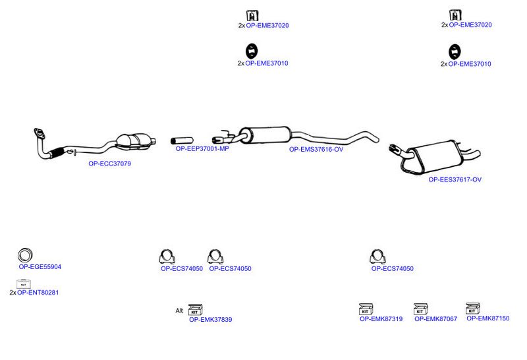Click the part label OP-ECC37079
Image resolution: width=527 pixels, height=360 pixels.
pyautogui.click(x=109, y=164)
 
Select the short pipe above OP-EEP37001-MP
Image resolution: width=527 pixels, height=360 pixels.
pyautogui.click(x=182, y=140)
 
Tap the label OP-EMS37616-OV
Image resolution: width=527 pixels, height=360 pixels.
pyautogui.click(x=316, y=150)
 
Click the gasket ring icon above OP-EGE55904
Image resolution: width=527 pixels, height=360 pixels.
pyautogui.click(x=25, y=255)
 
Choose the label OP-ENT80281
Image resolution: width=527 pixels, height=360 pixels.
pyautogui.click(x=38, y=293)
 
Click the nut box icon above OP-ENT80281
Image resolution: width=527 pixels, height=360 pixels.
pyautogui.click(x=24, y=284)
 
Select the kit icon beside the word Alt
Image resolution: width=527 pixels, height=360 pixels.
pyautogui.click(x=195, y=309)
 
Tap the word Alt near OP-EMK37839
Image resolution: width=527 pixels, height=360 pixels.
pyautogui.click(x=179, y=311)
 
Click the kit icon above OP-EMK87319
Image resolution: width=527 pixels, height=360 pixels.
pyautogui.click(x=366, y=309)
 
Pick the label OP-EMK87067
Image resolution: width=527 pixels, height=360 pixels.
pyautogui.click(x=435, y=319)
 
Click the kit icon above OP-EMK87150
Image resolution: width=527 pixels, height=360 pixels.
pyautogui.click(x=472, y=309)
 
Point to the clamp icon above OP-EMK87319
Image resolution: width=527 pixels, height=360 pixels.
pyautogui.click(x=377, y=256)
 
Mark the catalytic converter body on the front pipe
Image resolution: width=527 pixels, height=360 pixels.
pyautogui.click(x=132, y=142)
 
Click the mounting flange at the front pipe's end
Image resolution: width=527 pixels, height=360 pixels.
pyautogui.click(x=40, y=133)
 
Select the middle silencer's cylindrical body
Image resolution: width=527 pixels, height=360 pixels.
pyautogui.click(x=265, y=135)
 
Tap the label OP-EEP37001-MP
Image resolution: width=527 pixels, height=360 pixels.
pyautogui.click(x=202, y=149)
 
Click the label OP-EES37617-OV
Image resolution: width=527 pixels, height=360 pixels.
pyautogui.click(x=455, y=179)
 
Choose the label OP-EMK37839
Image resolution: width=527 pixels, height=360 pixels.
pyautogui.click(x=210, y=320)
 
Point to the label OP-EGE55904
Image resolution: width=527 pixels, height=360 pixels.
pyautogui.click(x=40, y=267)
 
